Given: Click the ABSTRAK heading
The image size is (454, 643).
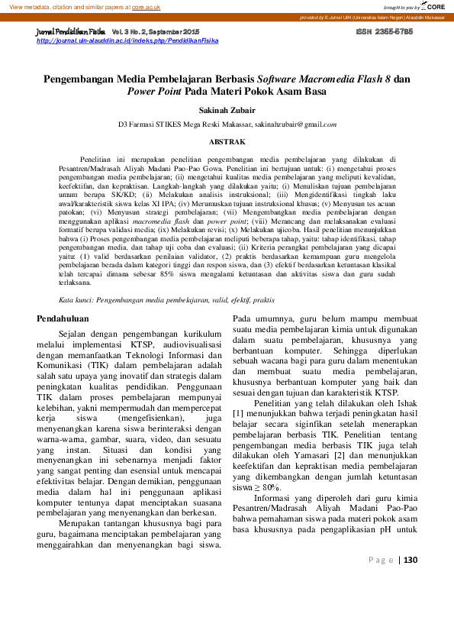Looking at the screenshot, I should click(227, 142).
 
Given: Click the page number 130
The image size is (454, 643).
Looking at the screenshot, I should click(411, 603).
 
